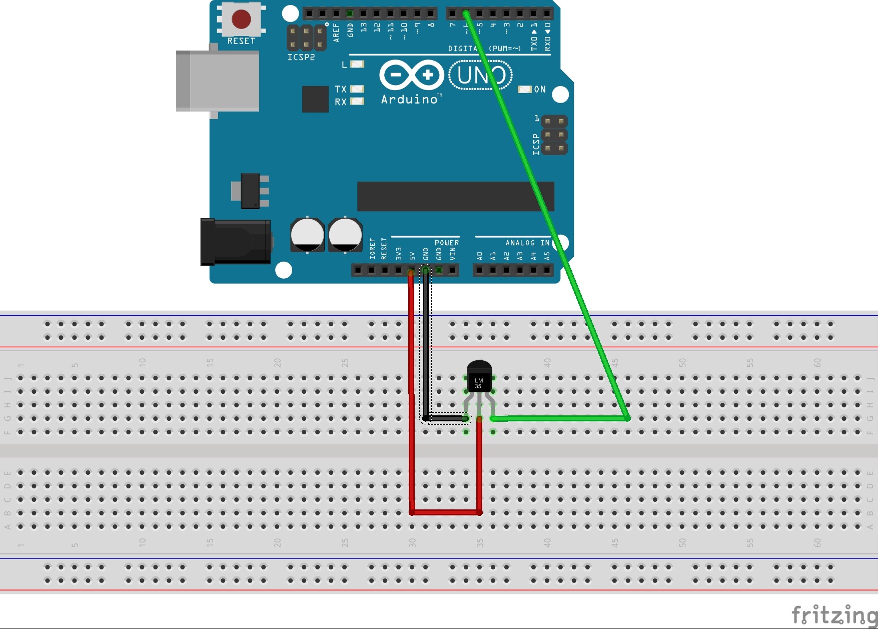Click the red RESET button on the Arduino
(241, 19)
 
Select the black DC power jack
(236, 242)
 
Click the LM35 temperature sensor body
(479, 378)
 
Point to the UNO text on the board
(481, 75)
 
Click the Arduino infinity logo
(411, 75)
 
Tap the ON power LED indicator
(524, 89)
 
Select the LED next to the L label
(357, 64)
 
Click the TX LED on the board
(357, 89)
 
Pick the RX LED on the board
(357, 102)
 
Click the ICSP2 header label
(301, 58)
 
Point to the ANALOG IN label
(527, 243)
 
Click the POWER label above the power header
(447, 243)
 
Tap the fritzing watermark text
(834, 614)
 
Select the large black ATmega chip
(455, 196)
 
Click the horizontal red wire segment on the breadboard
(445, 512)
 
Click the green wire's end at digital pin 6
(466, 13)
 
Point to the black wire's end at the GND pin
(425, 271)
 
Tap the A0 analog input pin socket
(480, 271)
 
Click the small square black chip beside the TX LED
(315, 99)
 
